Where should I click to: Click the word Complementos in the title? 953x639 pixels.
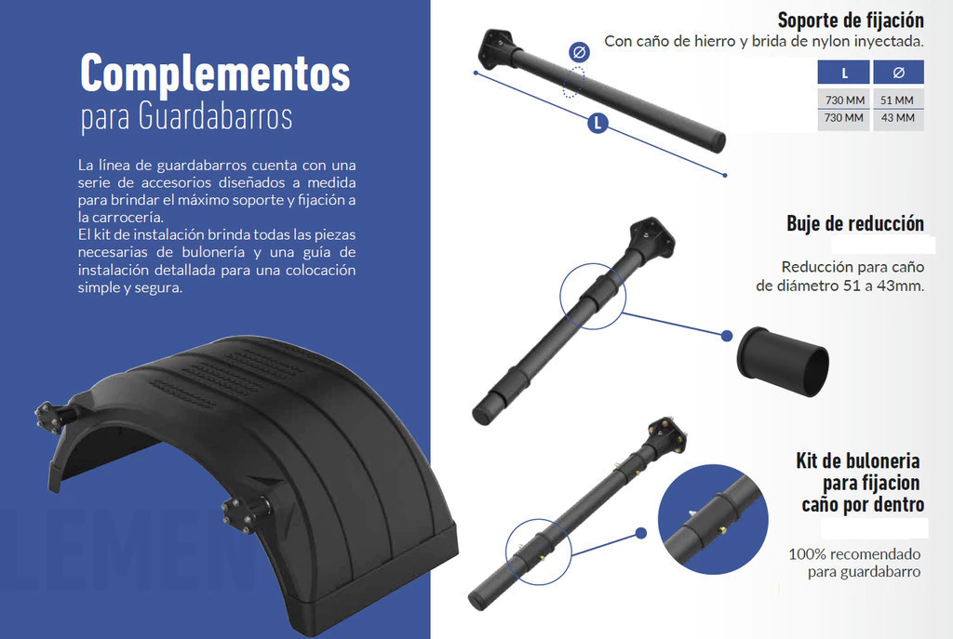[215, 74]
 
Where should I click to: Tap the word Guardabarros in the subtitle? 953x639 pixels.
[215, 115]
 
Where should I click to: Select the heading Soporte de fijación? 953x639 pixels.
[851, 20]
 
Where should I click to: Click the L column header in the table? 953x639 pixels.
[843, 73]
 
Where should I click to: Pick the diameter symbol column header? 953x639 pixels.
[898, 73]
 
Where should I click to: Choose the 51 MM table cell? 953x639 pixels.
[897, 100]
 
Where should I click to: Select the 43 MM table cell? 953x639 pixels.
[898, 118]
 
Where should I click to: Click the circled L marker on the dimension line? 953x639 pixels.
[598, 124]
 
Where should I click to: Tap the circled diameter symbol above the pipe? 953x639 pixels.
[579, 52]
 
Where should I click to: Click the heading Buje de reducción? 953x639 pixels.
[855, 223]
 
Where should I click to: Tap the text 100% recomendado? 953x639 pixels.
[854, 554]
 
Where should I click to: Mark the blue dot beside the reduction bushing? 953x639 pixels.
[726, 336]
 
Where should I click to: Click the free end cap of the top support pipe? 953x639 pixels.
[717, 142]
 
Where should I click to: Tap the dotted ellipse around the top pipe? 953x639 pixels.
[573, 82]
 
